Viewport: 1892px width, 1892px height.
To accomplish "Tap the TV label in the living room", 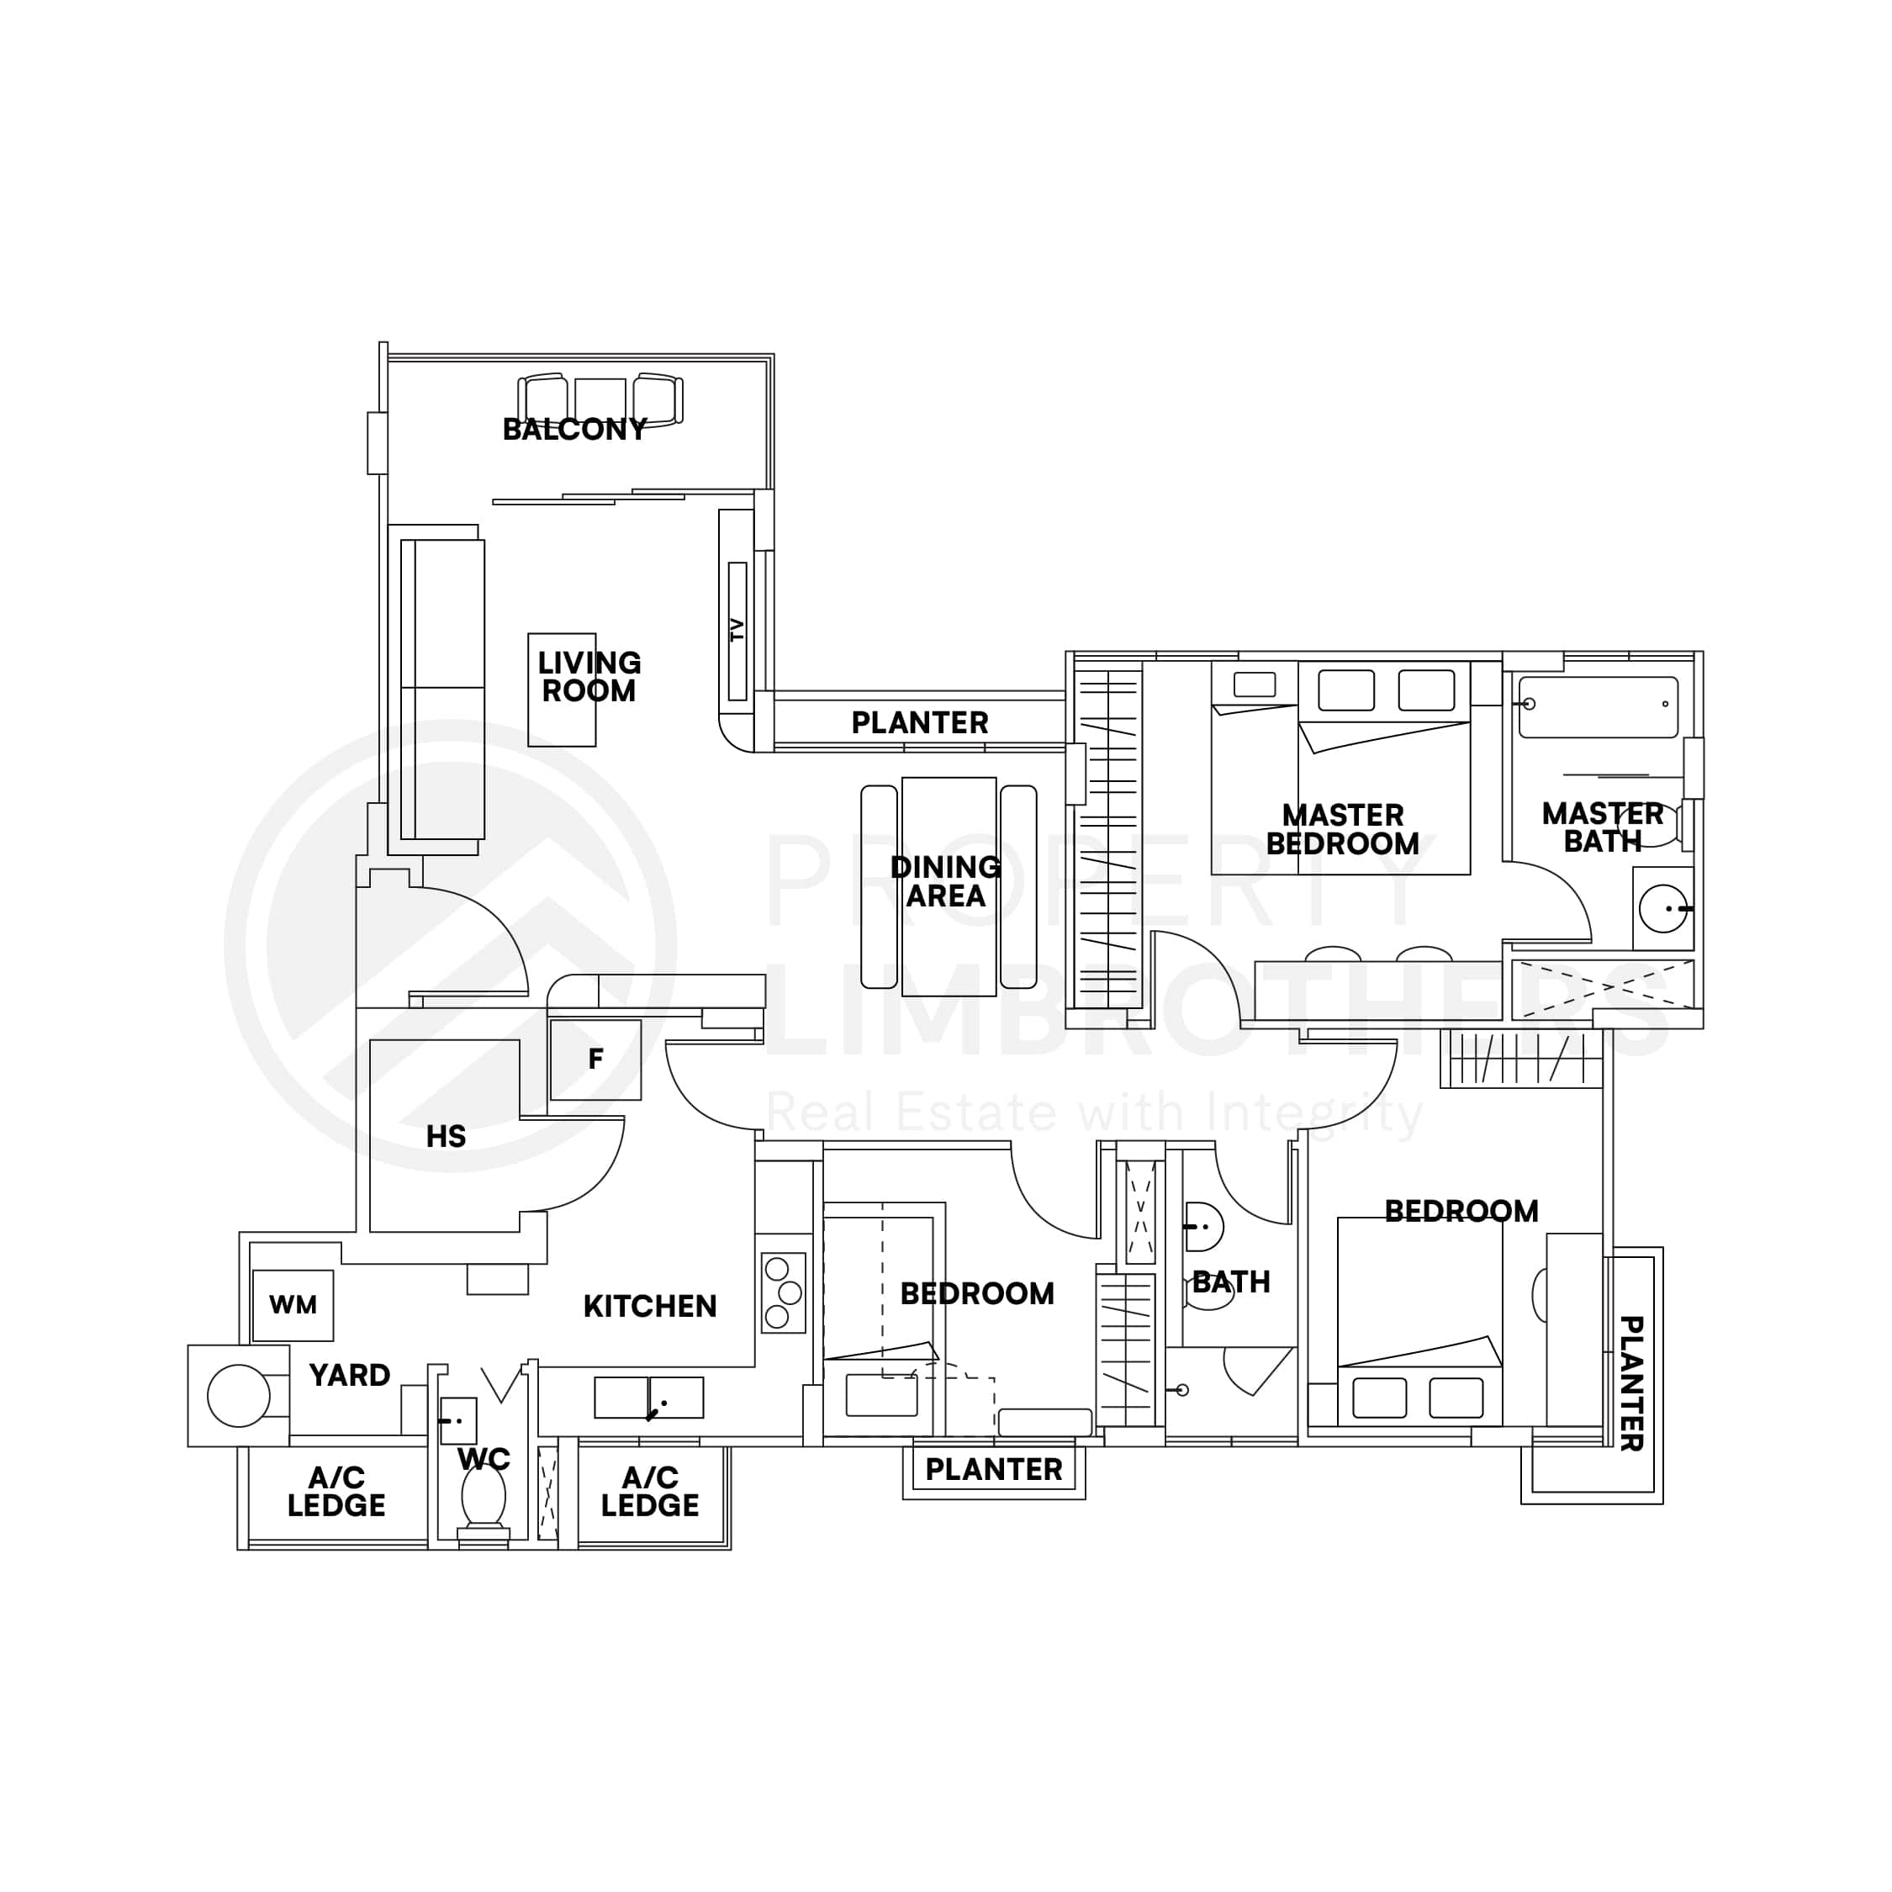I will click(737, 630).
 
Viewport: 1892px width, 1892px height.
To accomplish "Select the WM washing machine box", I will click(293, 1305).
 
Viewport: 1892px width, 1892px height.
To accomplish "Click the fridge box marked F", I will click(595, 1060).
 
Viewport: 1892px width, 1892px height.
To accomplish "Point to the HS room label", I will click(446, 1136).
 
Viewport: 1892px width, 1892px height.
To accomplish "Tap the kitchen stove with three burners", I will click(784, 1292).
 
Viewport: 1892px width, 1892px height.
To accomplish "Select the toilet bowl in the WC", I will click(483, 1495).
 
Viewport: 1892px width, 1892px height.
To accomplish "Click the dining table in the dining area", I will click(948, 886).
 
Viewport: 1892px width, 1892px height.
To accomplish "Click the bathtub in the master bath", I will click(1599, 706).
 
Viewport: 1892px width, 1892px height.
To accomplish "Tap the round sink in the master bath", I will click(1662, 909).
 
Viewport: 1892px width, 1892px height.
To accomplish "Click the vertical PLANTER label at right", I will click(1630, 1382).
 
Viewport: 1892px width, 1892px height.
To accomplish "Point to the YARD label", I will click(350, 1375).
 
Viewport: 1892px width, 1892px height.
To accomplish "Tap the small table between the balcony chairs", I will click(600, 399).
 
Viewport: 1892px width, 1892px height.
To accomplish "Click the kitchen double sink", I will click(648, 1398).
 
